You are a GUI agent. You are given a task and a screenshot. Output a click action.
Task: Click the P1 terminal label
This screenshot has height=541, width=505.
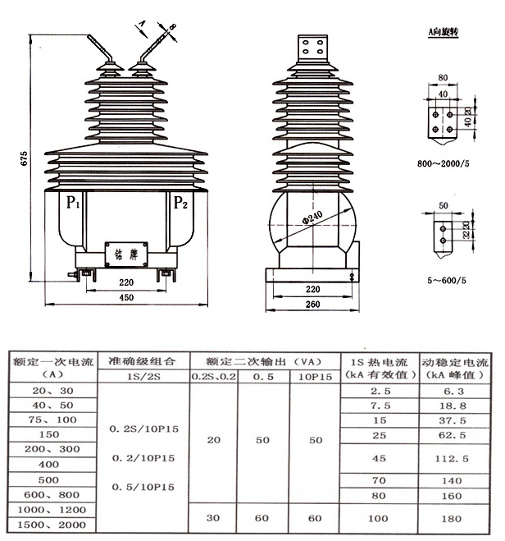pyautogui.click(x=72, y=202)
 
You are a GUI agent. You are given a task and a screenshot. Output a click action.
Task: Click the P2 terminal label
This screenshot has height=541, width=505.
pyautogui.click(x=180, y=203)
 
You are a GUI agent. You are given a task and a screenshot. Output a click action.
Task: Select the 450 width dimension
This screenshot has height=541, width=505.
pyautogui.click(x=125, y=298)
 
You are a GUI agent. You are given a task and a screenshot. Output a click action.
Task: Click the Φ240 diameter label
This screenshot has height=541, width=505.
pyautogui.click(x=312, y=216)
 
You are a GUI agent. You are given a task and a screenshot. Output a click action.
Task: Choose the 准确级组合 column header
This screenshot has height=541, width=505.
pyautogui.click(x=143, y=360)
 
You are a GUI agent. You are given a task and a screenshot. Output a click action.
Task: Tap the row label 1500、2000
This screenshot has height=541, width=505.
pyautogui.click(x=50, y=524)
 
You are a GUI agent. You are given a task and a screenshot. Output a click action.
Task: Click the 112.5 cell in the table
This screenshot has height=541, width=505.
pyautogui.click(x=454, y=458)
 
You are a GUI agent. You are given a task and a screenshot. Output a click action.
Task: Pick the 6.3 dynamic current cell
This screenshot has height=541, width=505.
pyautogui.click(x=454, y=392)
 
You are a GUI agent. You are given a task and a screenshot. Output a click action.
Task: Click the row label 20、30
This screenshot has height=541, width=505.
pyautogui.click(x=50, y=391)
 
